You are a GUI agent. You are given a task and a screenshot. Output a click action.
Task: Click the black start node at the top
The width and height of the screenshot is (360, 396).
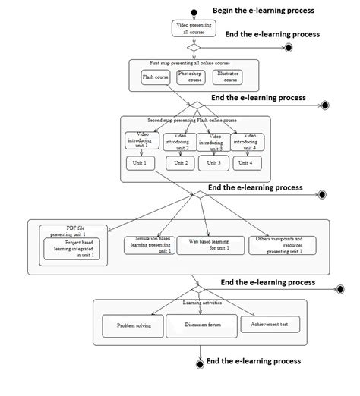tap(194, 11)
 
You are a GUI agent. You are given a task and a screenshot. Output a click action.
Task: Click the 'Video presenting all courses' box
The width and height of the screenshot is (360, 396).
tap(194, 29)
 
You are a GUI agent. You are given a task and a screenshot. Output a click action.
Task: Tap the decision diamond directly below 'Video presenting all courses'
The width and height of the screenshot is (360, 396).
tap(194, 48)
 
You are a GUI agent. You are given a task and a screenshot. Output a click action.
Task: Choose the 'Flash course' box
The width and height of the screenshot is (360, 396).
tap(156, 77)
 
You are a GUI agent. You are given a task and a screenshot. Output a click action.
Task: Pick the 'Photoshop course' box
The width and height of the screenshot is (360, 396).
tap(191, 77)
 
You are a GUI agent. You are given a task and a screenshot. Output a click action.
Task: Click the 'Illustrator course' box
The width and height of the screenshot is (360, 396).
tap(227, 77)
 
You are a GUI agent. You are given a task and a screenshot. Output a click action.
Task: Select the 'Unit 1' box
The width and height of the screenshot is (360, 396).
tap(141, 163)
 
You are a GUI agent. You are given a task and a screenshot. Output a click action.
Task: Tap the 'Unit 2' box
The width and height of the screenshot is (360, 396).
tap(181, 163)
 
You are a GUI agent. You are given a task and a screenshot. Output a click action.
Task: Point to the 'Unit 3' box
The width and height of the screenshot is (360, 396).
tap(213, 163)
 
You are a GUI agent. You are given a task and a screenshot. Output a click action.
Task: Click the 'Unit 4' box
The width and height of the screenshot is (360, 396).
tap(245, 163)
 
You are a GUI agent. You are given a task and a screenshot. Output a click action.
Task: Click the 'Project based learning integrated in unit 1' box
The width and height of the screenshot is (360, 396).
tap(74, 250)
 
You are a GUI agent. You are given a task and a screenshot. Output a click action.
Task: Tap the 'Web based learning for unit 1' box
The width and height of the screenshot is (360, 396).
tap(208, 244)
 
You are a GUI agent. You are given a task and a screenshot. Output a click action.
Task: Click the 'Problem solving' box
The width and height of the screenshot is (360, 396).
tap(134, 326)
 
